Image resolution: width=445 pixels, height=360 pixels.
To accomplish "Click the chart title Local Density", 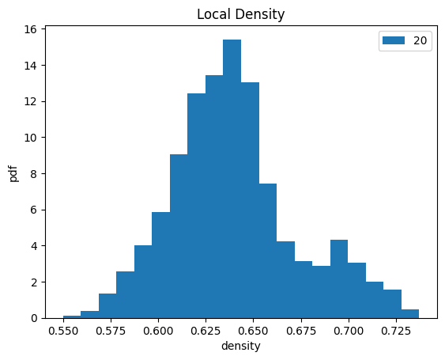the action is pos(240,14).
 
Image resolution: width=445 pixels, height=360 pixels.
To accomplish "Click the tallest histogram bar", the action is pos(232,179).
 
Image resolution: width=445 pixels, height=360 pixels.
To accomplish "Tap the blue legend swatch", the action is pos(394,40).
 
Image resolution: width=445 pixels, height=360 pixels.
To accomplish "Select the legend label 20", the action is pos(420,41).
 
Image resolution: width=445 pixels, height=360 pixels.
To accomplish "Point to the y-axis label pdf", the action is pos(13,173).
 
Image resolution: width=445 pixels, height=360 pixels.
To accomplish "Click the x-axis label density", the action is pos(240,346).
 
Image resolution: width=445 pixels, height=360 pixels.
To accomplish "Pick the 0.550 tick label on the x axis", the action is pos(63,331).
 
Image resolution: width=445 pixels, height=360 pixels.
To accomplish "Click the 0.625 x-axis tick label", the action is pos(206,331).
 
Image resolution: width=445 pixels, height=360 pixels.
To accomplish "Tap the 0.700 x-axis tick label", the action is pos(349,331).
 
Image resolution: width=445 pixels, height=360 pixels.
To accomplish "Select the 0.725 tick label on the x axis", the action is pos(396,331).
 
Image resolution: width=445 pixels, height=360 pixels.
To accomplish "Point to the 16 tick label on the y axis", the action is pos(31,29).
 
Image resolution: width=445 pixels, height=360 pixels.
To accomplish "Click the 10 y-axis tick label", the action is pos(31,138).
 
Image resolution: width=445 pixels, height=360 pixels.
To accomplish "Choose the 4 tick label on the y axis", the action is pos(34,246).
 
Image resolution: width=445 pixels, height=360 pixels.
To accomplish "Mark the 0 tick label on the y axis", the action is pos(34,319).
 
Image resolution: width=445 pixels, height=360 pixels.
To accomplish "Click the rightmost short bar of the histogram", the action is pos(410,314).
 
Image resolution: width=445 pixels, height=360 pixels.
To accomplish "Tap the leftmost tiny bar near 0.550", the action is pos(72,317).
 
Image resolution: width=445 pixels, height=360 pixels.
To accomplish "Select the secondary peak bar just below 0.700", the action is pos(339,279).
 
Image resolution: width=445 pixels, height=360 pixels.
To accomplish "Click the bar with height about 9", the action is pos(179,237).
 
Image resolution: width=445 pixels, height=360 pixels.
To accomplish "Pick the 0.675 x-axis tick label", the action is pos(301,331).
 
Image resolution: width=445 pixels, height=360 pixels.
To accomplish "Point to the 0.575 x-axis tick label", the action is pos(111,331).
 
